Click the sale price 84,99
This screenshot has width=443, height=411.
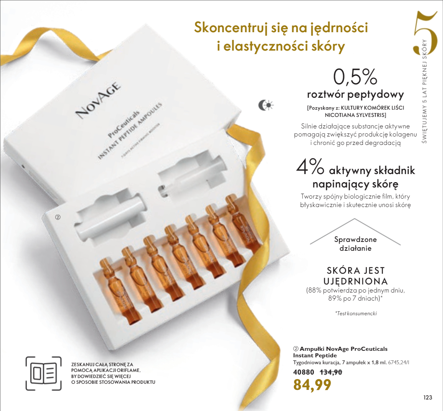[x=312, y=385]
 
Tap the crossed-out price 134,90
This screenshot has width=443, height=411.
[x=331, y=372]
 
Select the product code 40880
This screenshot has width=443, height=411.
[x=303, y=372]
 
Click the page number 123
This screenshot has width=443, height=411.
[x=428, y=397]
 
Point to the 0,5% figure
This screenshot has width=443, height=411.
[x=355, y=77]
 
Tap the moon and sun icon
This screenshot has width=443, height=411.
[x=265, y=105]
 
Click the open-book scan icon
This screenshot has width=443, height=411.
[x=43, y=373]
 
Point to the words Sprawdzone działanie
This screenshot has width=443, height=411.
[x=355, y=244]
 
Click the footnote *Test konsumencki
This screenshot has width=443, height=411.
[x=356, y=313]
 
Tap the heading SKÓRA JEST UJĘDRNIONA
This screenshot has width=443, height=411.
[x=355, y=276]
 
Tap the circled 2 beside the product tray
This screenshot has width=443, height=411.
[x=58, y=217]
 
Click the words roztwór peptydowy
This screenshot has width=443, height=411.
[x=355, y=94]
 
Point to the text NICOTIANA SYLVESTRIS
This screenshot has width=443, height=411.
[x=355, y=115]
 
